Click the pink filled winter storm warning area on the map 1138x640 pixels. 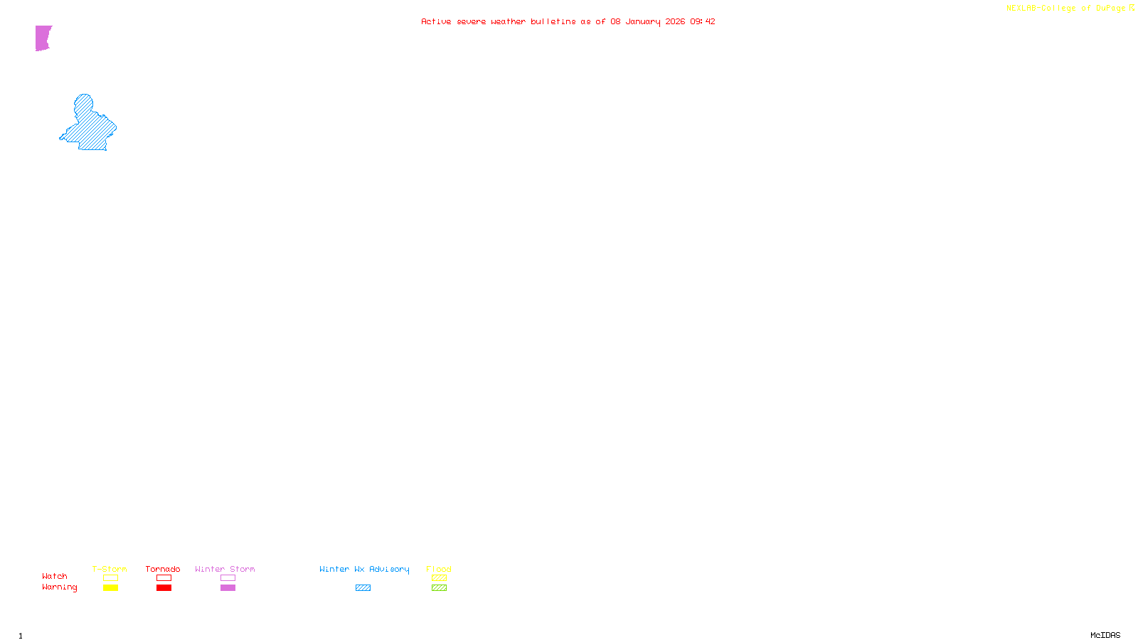pos(43,38)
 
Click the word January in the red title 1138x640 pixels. pos(643,21)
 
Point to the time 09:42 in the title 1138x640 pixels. pos(702,21)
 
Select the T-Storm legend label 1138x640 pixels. pos(110,569)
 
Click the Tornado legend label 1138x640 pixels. pos(163,569)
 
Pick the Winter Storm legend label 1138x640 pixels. pos(225,569)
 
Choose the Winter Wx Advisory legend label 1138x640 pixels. pos(364,569)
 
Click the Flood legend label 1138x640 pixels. pos(439,569)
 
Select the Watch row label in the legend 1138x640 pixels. pos(55,576)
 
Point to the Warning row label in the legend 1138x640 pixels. pos(59,587)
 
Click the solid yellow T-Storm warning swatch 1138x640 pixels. pos(110,588)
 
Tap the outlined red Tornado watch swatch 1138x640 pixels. pos(164,578)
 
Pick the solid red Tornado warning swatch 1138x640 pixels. pos(164,588)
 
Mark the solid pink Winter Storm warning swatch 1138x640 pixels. pos(228,588)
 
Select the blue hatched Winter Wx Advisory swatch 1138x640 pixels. pos(363,588)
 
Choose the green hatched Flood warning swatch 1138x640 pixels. pos(439,588)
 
